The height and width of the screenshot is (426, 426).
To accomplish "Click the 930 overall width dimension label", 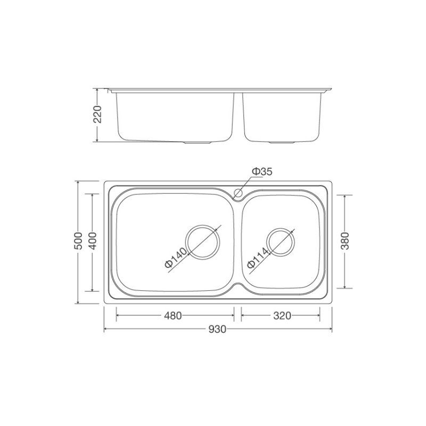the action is click(217, 329).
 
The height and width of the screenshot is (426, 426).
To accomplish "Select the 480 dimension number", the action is click(173, 315).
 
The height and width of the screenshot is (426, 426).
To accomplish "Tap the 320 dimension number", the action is click(282, 315).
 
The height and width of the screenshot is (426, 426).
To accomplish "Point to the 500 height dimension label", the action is click(78, 241).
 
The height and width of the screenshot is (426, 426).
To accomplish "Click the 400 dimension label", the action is click(93, 241).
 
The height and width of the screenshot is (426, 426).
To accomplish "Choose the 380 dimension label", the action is click(345, 241).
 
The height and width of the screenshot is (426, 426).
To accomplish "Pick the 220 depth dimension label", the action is click(97, 114).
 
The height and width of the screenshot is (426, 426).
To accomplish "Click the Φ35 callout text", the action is click(262, 171).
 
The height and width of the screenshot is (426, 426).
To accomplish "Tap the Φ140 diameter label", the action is click(176, 258).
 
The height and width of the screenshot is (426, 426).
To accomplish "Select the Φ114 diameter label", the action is click(258, 258).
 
